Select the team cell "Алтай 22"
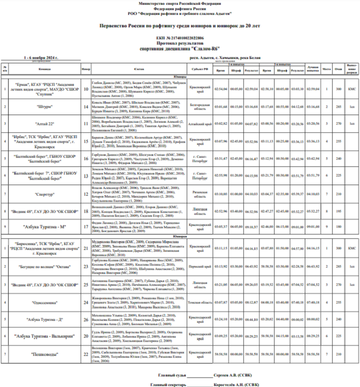click(x=45, y=124)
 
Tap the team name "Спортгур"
click(x=45, y=194)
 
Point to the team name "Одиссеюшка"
click(x=45, y=302)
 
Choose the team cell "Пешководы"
click(x=45, y=354)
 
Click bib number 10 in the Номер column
click(x=86, y=89)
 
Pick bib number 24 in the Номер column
click(x=86, y=302)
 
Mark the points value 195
click(x=338, y=211)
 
